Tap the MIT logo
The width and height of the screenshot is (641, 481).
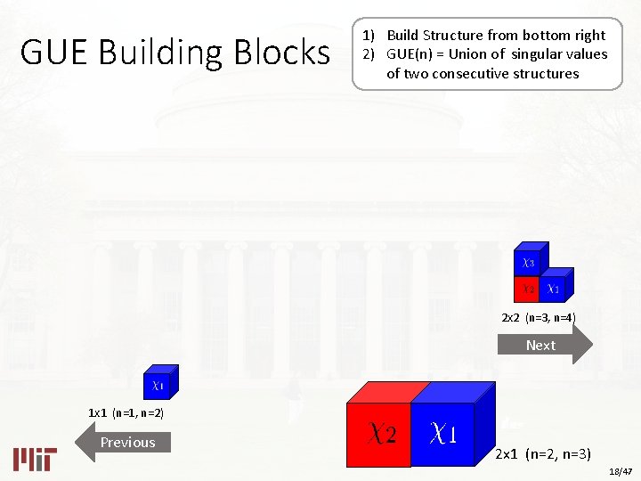tap(35, 458)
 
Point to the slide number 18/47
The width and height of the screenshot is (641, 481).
tap(621, 470)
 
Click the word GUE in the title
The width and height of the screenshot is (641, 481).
tap(54, 53)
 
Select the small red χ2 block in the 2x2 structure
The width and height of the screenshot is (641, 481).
tap(527, 289)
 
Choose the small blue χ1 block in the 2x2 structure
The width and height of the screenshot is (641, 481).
tap(553, 289)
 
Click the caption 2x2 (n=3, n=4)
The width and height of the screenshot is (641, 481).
tap(539, 318)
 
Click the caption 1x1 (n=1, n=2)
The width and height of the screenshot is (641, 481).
tap(126, 413)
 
